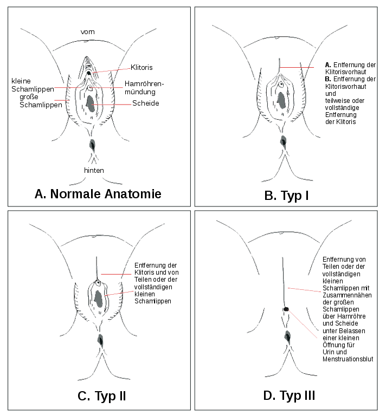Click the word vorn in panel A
tap(87, 32)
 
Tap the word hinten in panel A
tap(94, 170)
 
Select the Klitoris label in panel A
tap(141, 67)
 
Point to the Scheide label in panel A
tap(146, 103)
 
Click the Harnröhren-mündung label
tap(144, 88)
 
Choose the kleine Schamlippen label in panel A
tap(33, 85)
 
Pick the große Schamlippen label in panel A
tap(41, 101)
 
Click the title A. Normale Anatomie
tap(98, 194)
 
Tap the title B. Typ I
tap(286, 196)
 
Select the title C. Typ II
tap(102, 396)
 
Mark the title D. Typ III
tap(289, 395)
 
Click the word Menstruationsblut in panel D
tap(348, 359)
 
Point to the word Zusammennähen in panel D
tap(347, 295)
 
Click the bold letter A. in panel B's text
tap(328, 65)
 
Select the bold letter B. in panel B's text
tap(328, 79)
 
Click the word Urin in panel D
tap(328, 352)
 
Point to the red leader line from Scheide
tap(112, 105)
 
